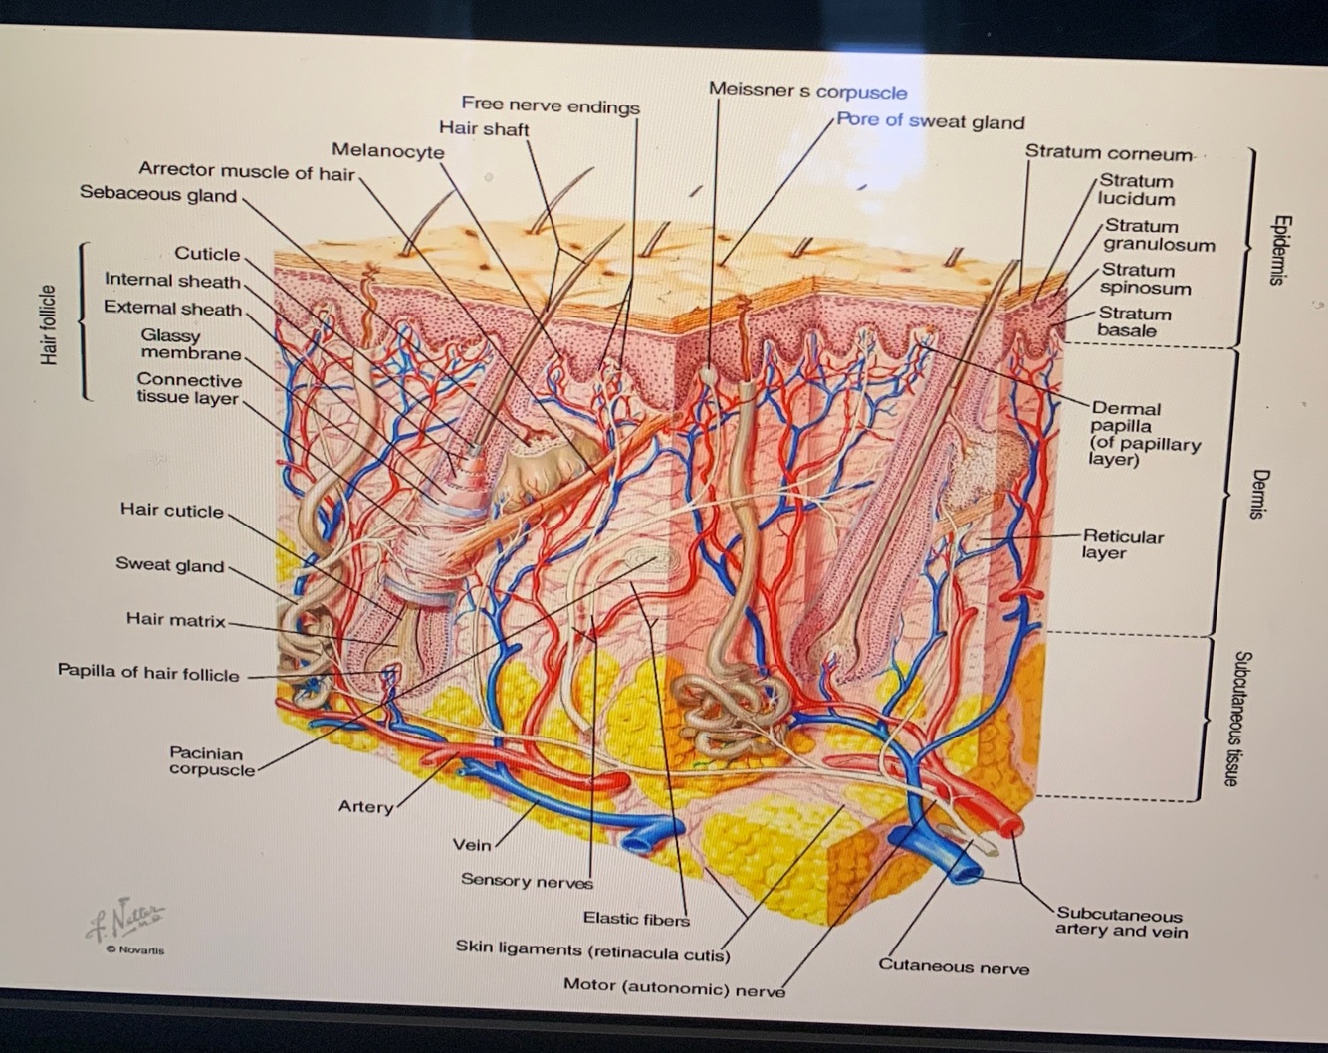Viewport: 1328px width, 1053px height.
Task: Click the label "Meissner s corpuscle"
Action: click(807, 91)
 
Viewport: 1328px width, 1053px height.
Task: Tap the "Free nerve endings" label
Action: click(550, 105)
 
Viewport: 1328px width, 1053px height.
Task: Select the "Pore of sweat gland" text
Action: click(930, 121)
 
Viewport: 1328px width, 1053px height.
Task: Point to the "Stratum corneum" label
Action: click(1108, 153)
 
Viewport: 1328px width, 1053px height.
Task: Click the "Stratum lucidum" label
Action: click(1136, 189)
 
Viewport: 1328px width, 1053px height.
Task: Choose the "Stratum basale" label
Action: click(1133, 321)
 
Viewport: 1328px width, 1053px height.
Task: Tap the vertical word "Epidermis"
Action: click(1281, 250)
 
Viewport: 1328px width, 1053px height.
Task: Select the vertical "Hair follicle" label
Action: click(48, 324)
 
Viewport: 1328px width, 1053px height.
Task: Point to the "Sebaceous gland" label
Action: click(158, 194)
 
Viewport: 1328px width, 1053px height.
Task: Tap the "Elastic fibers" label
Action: click(636, 919)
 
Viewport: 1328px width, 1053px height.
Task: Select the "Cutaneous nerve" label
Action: click(953, 965)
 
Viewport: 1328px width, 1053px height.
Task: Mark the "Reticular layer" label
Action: click(1122, 544)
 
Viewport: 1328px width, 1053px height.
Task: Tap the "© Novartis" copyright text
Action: click(135, 950)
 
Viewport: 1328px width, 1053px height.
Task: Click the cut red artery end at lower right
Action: click(1011, 825)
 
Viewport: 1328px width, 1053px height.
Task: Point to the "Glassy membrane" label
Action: click(190, 344)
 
